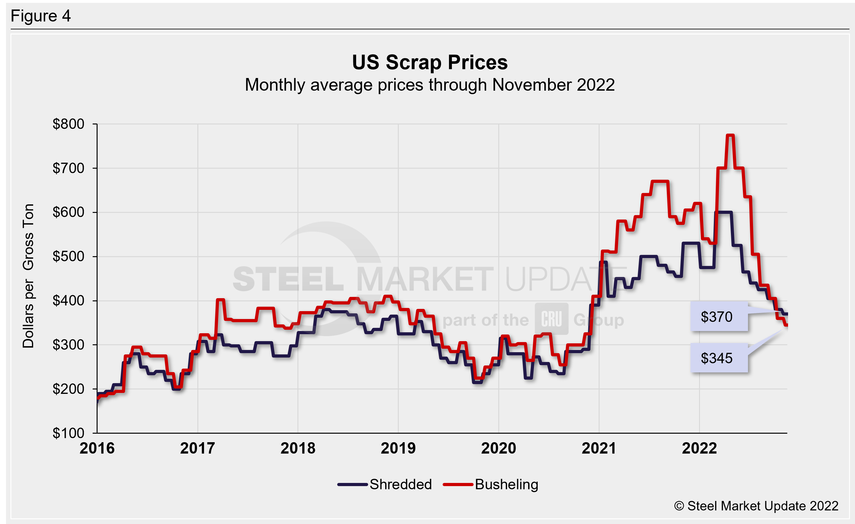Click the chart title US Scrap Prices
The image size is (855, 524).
pos(430,63)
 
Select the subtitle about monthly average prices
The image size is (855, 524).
pos(430,85)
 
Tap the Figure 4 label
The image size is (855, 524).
pos(41,16)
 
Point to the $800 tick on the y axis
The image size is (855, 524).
pos(69,124)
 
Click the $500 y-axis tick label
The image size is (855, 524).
pos(69,256)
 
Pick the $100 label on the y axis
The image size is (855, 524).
pos(69,433)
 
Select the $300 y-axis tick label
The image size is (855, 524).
pos(69,345)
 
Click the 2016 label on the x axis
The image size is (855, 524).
pos(97,448)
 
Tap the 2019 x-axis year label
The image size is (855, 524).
pos(398,448)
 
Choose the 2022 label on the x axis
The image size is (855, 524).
pos(699,448)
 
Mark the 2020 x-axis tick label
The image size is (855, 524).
pos(499,448)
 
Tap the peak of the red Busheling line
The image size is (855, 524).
pos(730,135)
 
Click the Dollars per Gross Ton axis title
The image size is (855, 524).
pos(28,276)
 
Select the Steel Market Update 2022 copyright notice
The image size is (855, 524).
pos(756,506)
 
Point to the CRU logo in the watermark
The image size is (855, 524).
pos(551,319)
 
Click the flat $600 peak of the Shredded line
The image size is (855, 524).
pos(723,212)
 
